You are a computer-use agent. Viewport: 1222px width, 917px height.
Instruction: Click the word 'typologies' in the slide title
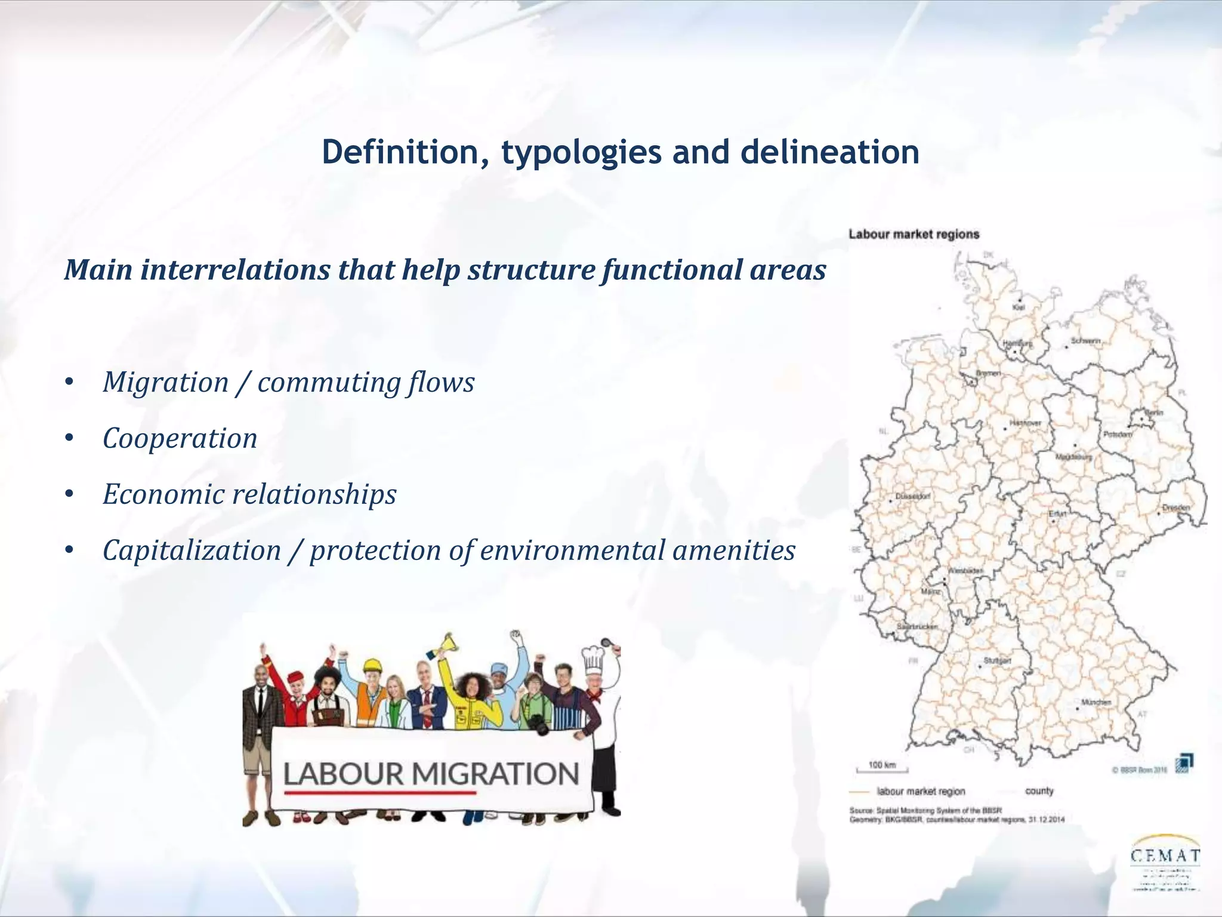tap(581, 153)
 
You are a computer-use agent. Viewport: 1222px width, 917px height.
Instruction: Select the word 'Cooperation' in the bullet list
tap(180, 439)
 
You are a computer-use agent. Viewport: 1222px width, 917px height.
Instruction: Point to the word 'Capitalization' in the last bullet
tap(192, 550)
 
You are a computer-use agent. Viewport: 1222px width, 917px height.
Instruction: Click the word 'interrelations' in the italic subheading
tap(234, 270)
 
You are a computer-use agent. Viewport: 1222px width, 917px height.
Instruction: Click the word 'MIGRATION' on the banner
tap(495, 774)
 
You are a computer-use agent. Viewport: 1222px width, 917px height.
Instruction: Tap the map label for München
tap(1096, 703)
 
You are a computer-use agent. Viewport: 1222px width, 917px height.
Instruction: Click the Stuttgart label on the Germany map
tap(997, 661)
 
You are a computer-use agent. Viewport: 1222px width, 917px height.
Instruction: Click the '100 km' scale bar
tap(881, 767)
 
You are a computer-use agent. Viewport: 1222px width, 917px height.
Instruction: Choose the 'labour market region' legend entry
tap(921, 792)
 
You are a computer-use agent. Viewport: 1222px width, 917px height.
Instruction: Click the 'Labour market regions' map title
tap(914, 235)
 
